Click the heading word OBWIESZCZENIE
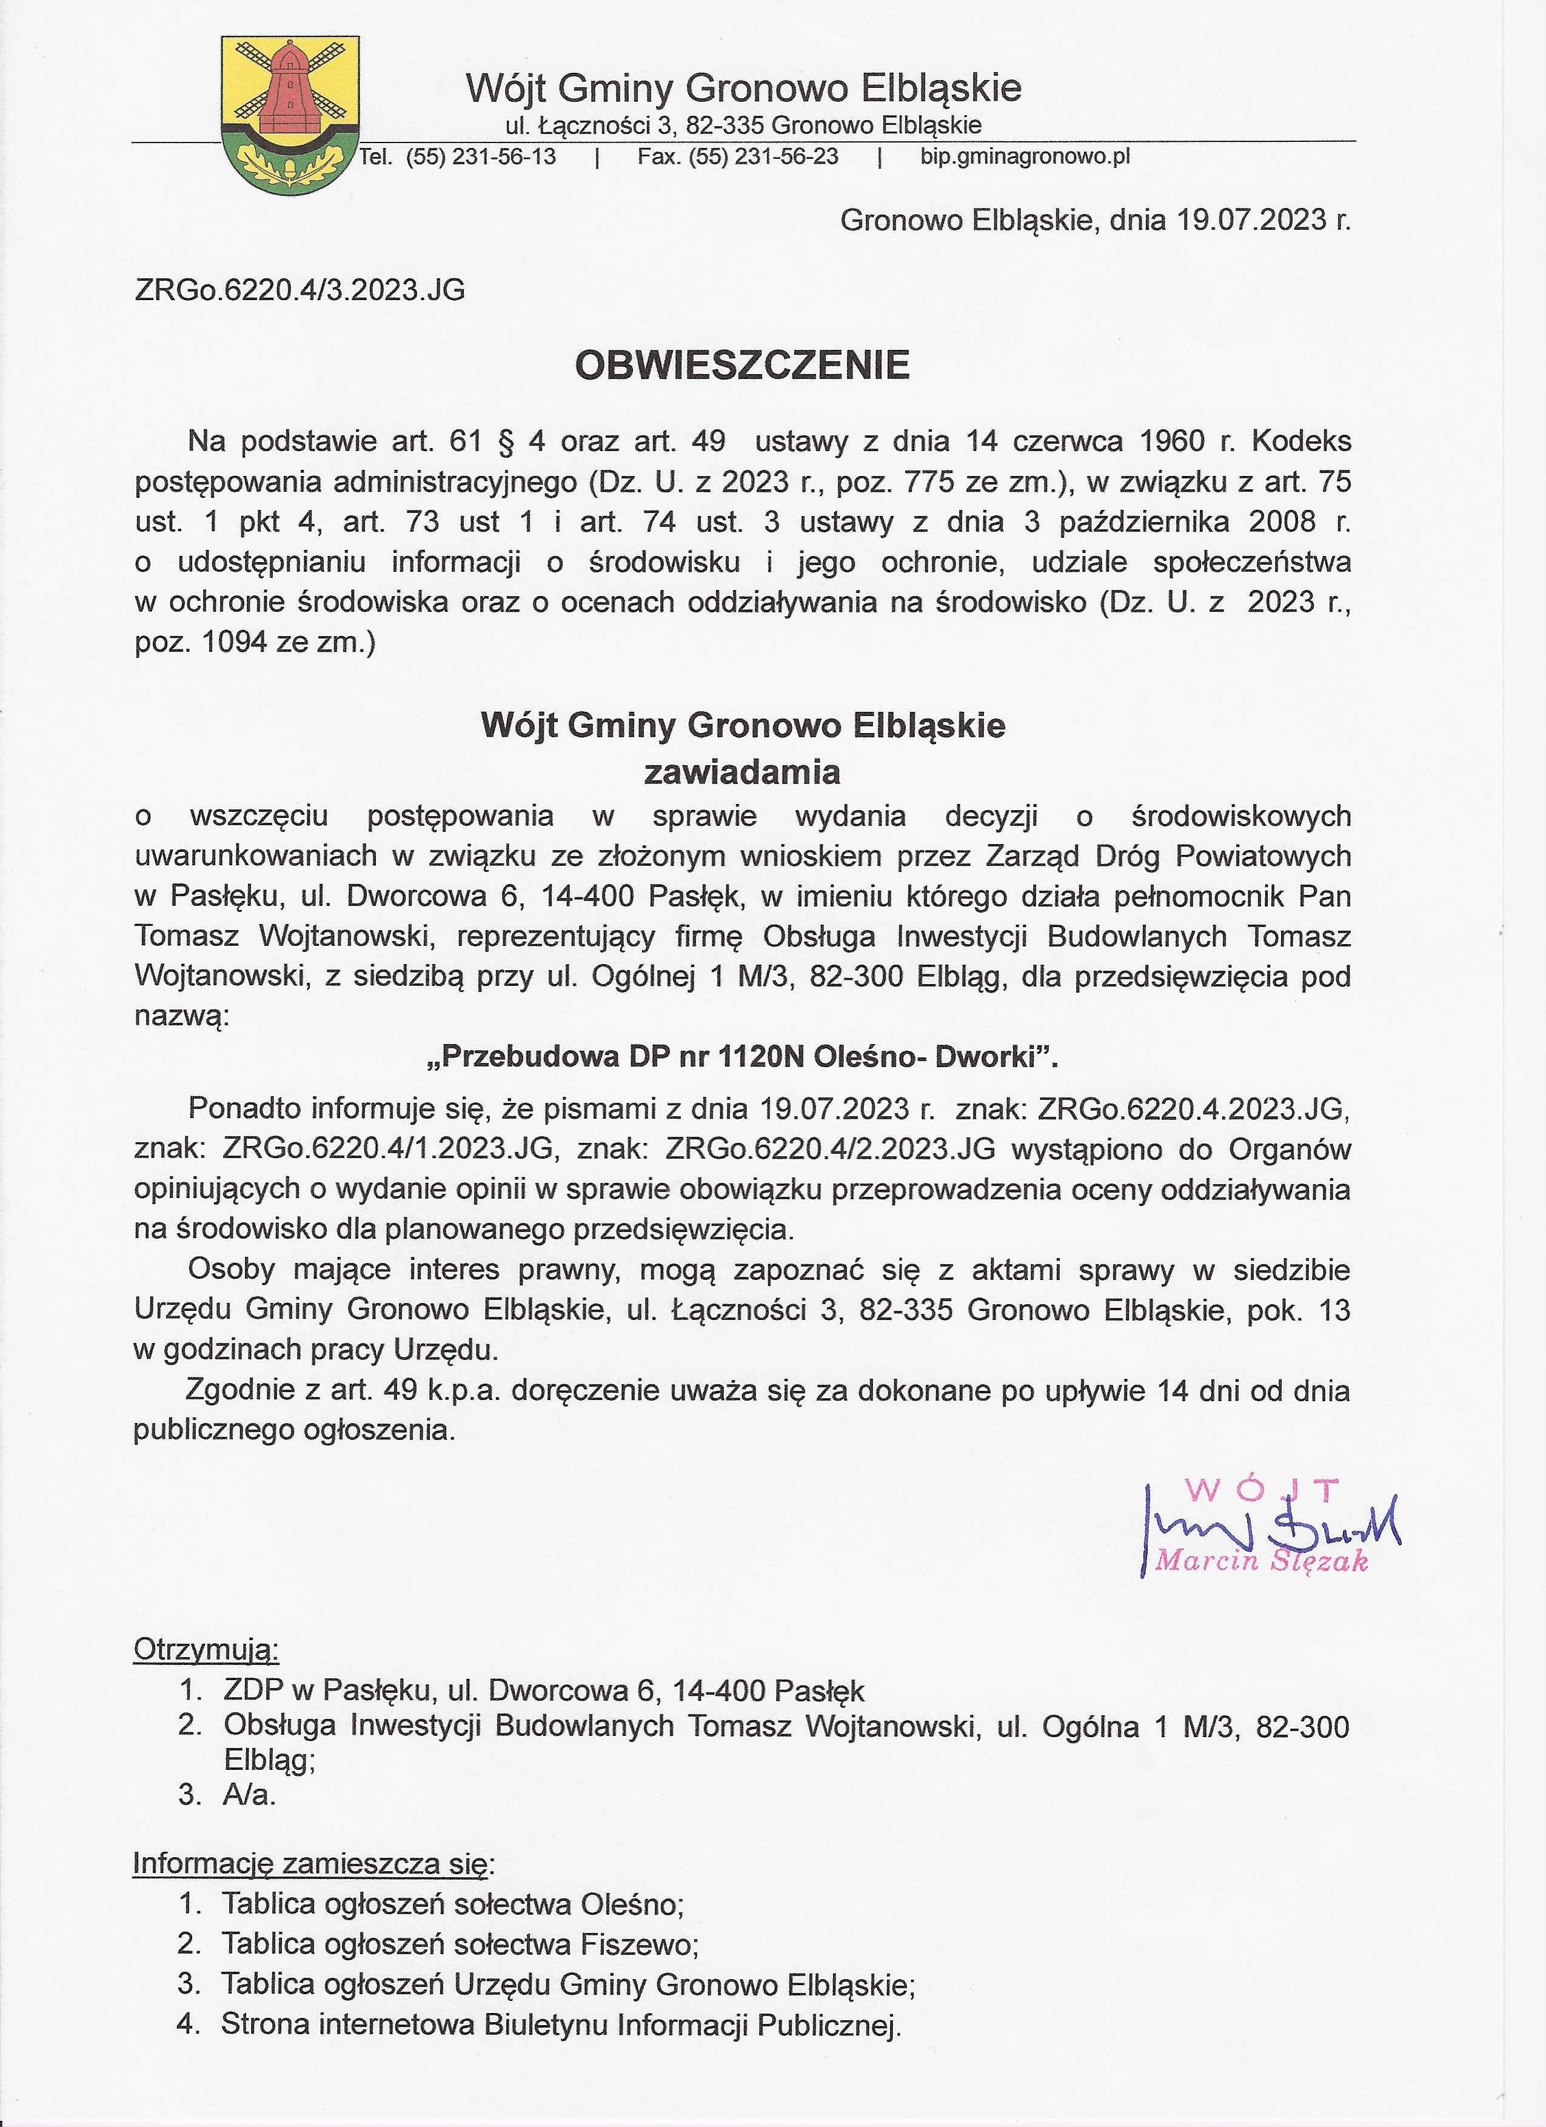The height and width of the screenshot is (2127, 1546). tap(741, 366)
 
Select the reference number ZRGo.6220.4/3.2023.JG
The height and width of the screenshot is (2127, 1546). tap(300, 290)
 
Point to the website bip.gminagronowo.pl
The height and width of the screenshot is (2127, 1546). tap(1025, 156)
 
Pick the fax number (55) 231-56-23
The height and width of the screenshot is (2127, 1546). tap(763, 156)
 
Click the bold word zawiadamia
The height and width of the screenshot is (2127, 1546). tap(741, 773)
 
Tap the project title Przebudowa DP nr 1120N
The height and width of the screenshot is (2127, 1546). tap(741, 1057)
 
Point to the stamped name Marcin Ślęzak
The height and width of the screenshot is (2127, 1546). tap(1261, 1561)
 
